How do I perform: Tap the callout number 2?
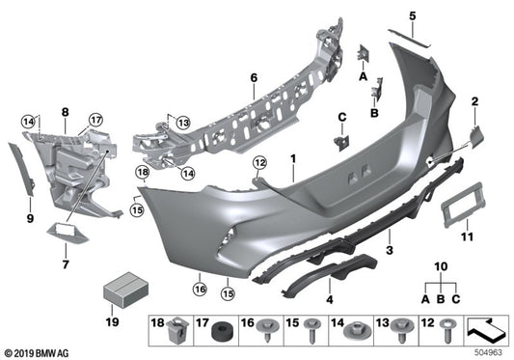tap(474, 101)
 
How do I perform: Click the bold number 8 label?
tap(65, 112)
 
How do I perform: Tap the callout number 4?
tap(332, 286)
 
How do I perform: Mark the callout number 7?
tap(66, 262)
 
